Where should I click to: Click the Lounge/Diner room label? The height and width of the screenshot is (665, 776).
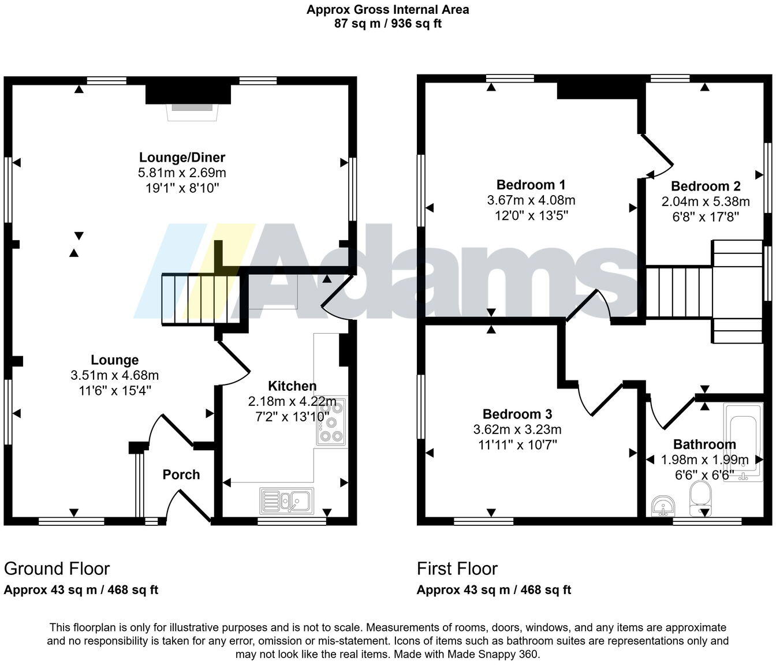(x=182, y=157)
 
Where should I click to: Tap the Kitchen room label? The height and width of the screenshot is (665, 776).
(x=292, y=386)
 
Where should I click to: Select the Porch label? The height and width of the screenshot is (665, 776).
(x=181, y=475)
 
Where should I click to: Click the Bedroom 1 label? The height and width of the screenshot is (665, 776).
(x=531, y=185)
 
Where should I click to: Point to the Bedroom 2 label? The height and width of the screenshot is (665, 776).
(x=706, y=186)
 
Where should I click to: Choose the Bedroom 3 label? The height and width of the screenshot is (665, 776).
(x=517, y=414)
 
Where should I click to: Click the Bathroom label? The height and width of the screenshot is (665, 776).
(x=704, y=444)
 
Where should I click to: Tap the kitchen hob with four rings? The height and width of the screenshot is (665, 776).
(x=332, y=421)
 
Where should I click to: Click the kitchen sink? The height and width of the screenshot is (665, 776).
(x=287, y=500)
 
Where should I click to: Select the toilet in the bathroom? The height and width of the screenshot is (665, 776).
(x=700, y=498)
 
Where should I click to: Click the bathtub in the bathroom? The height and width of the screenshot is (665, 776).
(x=743, y=442)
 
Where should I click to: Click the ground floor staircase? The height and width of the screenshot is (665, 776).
(x=200, y=299)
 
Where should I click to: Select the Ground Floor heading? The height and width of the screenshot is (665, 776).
(x=57, y=569)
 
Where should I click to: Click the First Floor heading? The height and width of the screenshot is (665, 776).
(x=457, y=569)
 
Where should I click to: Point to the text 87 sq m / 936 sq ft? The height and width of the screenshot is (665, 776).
(x=387, y=24)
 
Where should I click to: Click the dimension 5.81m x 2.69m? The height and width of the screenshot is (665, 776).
(x=182, y=173)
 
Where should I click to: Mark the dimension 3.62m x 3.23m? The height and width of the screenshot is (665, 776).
(x=517, y=429)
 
